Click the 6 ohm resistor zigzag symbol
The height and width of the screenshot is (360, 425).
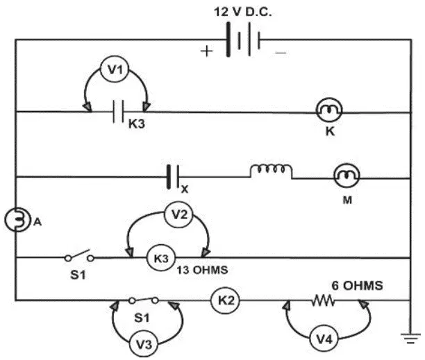pyautogui.click(x=322, y=300)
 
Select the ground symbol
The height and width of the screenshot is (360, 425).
pyautogui.click(x=411, y=338)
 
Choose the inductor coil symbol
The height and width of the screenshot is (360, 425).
pyautogui.click(x=271, y=171)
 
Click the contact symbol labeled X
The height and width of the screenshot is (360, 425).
pyautogui.click(x=173, y=177)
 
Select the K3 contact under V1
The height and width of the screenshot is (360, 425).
pyautogui.click(x=119, y=112)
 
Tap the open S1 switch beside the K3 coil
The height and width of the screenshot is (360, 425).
pyautogui.click(x=79, y=256)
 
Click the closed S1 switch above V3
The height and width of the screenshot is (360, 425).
pyautogui.click(x=143, y=300)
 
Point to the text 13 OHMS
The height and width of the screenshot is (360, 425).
pyautogui.click(x=202, y=270)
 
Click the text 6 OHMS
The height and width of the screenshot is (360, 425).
pyautogui.click(x=357, y=286)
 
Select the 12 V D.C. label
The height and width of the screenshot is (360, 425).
pyautogui.click(x=242, y=12)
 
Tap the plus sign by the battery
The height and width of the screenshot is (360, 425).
pyautogui.click(x=207, y=51)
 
